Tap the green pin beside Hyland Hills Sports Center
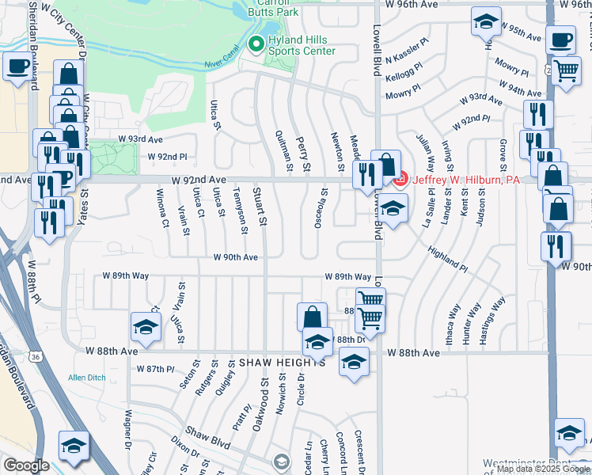[x=256, y=44]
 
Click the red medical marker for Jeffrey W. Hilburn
[x=400, y=179]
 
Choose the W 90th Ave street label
[x=235, y=257]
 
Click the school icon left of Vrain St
[x=146, y=326]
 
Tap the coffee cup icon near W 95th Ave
[x=561, y=39]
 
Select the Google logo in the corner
[x=26, y=465]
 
